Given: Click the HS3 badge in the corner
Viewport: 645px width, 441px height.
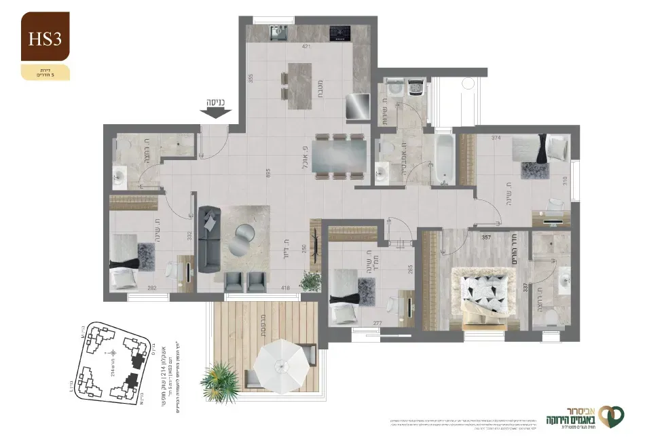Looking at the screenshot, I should [45, 38].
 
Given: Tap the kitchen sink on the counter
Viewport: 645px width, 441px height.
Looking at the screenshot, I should [279, 31].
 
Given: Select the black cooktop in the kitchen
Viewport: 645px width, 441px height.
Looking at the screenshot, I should [338, 31].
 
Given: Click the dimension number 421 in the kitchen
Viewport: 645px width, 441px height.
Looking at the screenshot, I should [306, 47].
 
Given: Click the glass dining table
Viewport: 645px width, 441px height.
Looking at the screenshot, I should [340, 157].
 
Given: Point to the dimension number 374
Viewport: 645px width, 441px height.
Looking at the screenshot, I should [496, 138].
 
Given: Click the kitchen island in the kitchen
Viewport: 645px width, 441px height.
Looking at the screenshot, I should [299, 86].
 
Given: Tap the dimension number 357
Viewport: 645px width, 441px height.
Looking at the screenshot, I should [486, 237].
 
